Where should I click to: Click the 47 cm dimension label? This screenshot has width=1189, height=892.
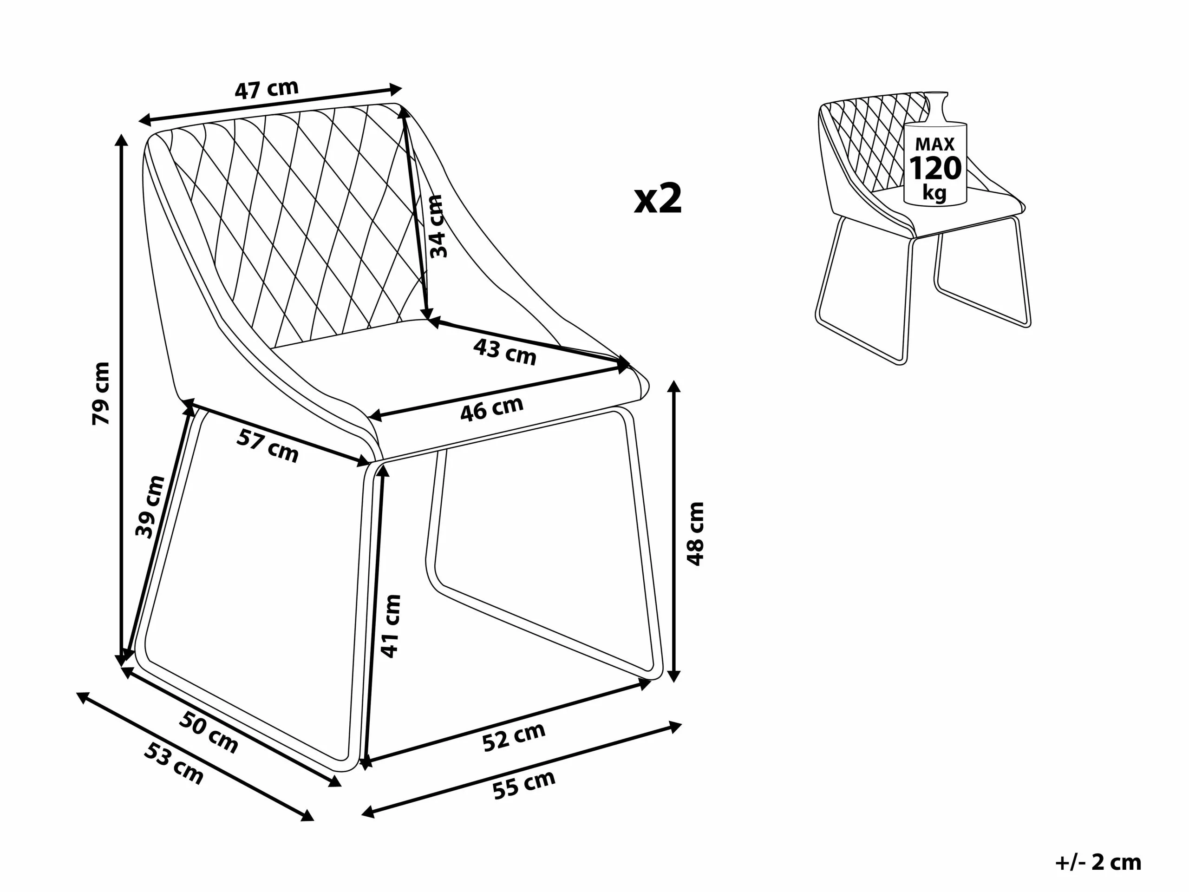266,89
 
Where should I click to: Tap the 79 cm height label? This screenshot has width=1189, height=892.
101,394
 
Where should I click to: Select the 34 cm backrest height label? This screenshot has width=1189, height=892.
437,226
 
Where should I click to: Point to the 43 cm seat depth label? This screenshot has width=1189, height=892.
505,352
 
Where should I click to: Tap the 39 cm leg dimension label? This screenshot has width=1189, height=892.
150,506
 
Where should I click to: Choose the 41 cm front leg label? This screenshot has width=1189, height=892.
391,626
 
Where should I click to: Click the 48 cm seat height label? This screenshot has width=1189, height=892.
696,534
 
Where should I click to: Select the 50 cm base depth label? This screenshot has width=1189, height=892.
208,732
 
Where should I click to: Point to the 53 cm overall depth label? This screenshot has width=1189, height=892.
174,763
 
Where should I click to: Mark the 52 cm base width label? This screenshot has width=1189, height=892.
513,737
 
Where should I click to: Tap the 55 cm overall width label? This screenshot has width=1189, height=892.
523,785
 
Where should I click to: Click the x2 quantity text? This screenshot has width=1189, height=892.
658,199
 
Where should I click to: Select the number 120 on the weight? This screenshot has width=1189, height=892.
935,168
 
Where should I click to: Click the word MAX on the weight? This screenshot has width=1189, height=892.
935,144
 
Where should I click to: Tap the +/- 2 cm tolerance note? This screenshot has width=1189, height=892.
1098,862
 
